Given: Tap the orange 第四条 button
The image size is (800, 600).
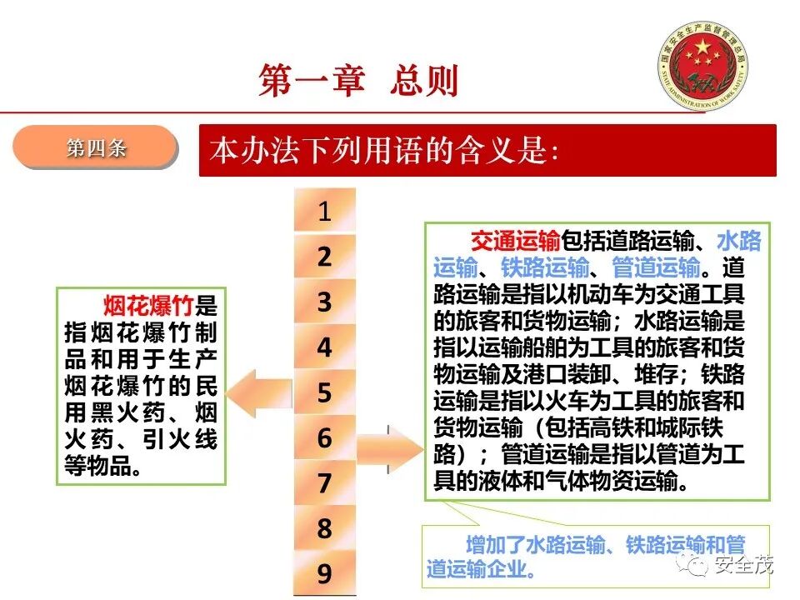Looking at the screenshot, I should (96, 149).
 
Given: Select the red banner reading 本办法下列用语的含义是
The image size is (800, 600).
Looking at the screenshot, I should (487, 151).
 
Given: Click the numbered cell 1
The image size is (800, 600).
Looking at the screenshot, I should (324, 212).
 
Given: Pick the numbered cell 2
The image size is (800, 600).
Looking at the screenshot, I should (324, 257).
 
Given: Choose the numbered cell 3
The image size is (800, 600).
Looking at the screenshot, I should (324, 302).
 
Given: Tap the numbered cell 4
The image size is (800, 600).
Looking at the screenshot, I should (324, 347).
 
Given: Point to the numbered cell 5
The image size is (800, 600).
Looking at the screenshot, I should (324, 392).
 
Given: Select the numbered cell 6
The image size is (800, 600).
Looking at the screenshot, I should (324, 437).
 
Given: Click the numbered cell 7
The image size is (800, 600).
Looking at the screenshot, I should (324, 482).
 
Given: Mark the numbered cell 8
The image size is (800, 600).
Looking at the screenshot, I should (324, 527).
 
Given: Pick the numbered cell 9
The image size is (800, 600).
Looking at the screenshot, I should (324, 573).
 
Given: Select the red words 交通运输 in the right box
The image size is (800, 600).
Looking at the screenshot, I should (515, 242).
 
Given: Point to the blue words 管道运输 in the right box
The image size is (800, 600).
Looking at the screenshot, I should (656, 268).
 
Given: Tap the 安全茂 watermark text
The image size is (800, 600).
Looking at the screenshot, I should (745, 567).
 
